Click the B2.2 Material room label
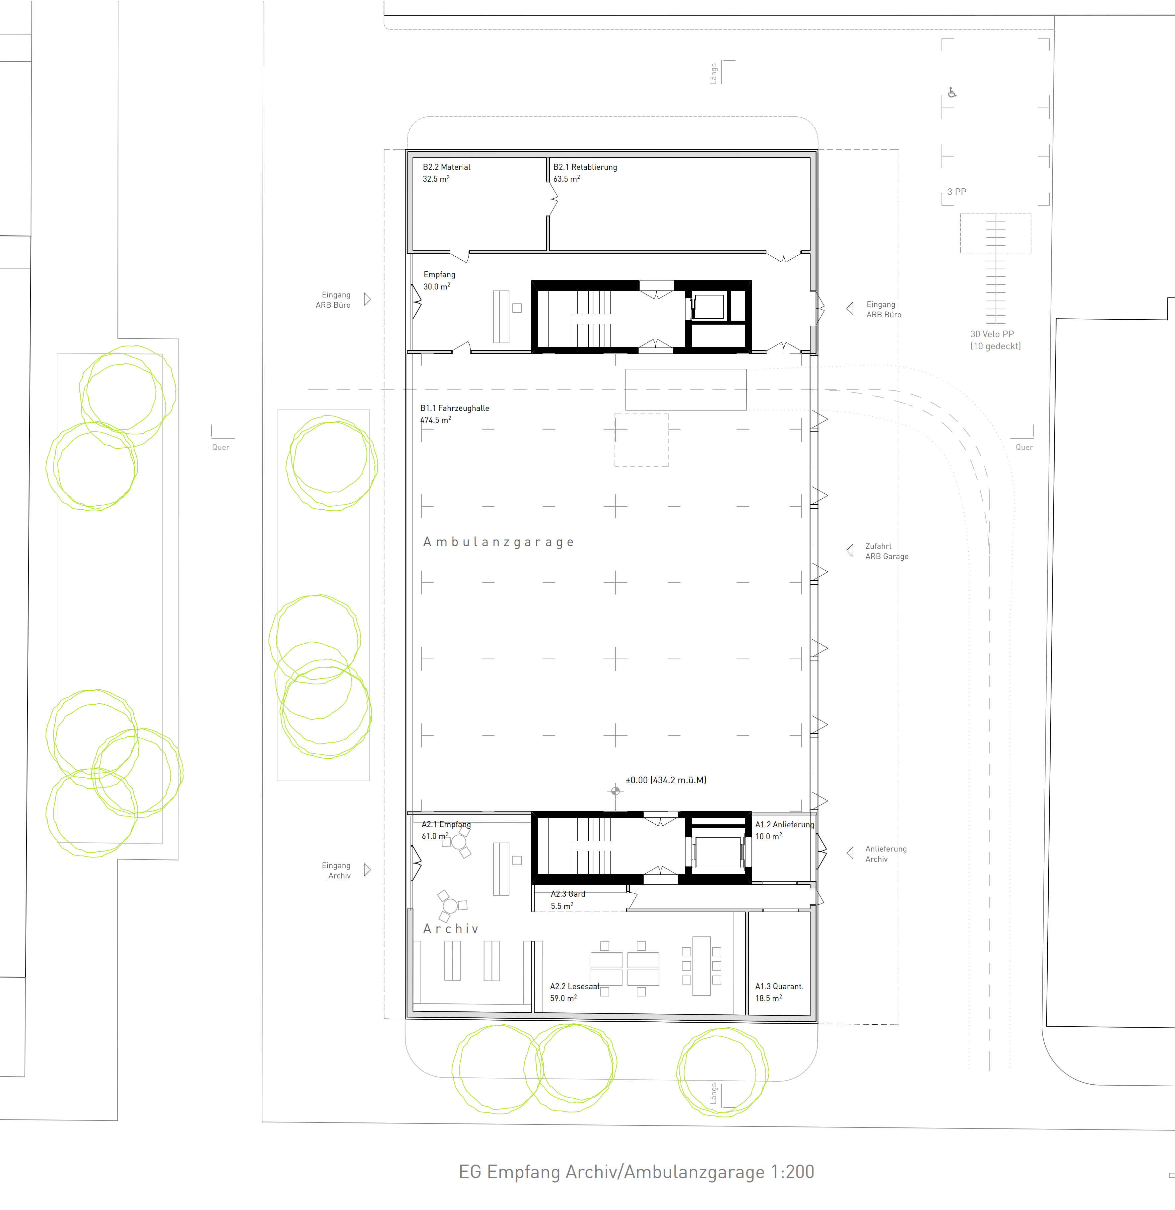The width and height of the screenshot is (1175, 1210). pos(446,167)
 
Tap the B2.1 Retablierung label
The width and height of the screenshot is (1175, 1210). pos(585,167)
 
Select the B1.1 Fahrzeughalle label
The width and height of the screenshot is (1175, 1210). pos(454,408)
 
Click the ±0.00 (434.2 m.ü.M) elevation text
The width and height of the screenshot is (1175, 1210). pos(666,780)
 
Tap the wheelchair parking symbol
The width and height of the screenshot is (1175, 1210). pos(952,93)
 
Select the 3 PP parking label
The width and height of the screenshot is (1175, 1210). pos(956,192)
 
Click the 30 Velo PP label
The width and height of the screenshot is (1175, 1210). pos(992,334)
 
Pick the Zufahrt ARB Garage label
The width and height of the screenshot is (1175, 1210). pos(887,551)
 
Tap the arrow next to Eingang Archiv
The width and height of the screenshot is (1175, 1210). pos(367,870)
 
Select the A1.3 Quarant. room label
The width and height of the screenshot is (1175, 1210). pos(779,987)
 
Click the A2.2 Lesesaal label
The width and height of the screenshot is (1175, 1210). pos(574,987)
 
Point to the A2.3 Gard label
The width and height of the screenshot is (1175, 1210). pos(567,894)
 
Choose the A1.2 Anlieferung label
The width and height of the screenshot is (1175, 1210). pos(784,825)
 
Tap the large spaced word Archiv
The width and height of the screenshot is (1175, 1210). pos(451,929)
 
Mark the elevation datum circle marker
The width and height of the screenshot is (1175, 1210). pos(616,791)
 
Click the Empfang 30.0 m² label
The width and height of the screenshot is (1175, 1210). pos(439,280)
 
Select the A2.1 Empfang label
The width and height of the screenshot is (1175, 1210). pos(446,825)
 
